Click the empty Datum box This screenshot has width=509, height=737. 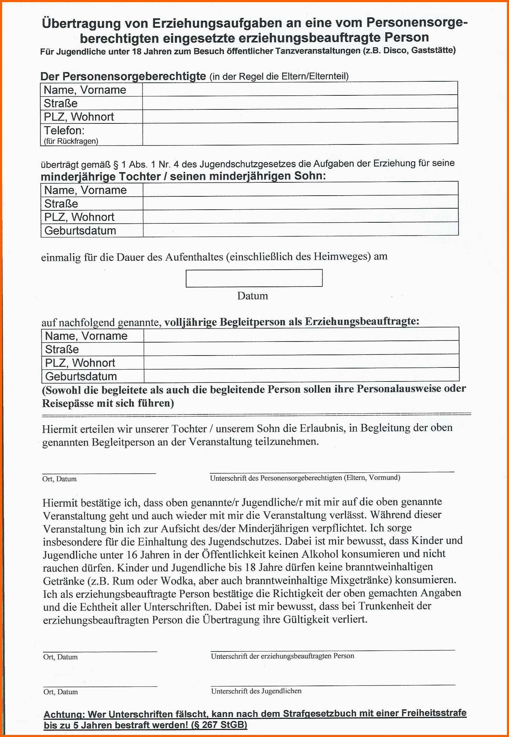[x=254, y=278]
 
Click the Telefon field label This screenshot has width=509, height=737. [x=64, y=131]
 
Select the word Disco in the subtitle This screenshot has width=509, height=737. [x=395, y=50]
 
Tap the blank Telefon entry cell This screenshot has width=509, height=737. [x=300, y=133]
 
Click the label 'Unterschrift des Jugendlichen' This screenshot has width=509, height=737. [x=256, y=691]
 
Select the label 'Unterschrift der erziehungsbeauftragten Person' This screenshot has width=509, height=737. [x=282, y=656]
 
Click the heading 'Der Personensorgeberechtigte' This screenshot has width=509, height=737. [x=123, y=76]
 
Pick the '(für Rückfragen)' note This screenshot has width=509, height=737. [x=71, y=141]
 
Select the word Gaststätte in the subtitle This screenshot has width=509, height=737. [x=433, y=50]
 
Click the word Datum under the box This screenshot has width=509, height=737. [x=252, y=296]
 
